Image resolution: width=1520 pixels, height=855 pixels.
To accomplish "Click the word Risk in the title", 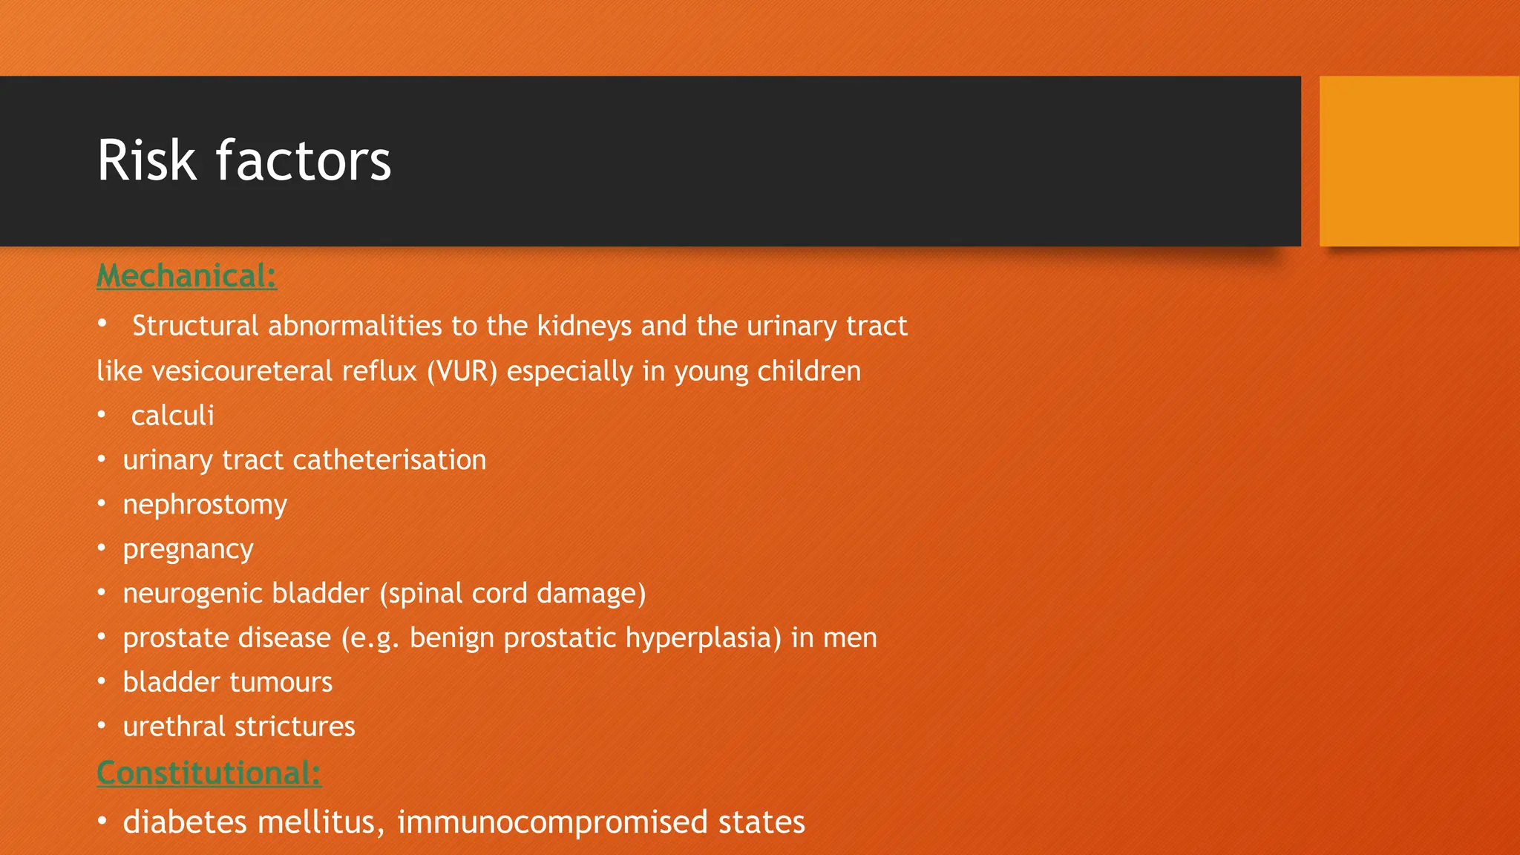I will [x=147, y=160].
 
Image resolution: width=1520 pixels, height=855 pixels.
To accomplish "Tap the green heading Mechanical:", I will [x=187, y=276].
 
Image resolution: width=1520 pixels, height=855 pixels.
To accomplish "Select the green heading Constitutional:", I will [x=209, y=773].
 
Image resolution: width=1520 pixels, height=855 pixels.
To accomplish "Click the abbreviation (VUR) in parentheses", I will [x=462, y=371].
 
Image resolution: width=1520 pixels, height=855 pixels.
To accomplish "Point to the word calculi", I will [x=172, y=416].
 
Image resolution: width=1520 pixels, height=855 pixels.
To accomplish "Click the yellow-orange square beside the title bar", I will [x=1419, y=161].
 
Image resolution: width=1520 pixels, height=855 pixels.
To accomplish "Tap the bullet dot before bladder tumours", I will [x=102, y=681].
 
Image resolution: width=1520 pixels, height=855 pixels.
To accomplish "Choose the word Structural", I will [x=195, y=327].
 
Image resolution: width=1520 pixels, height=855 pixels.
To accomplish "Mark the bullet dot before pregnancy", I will [x=102, y=548].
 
